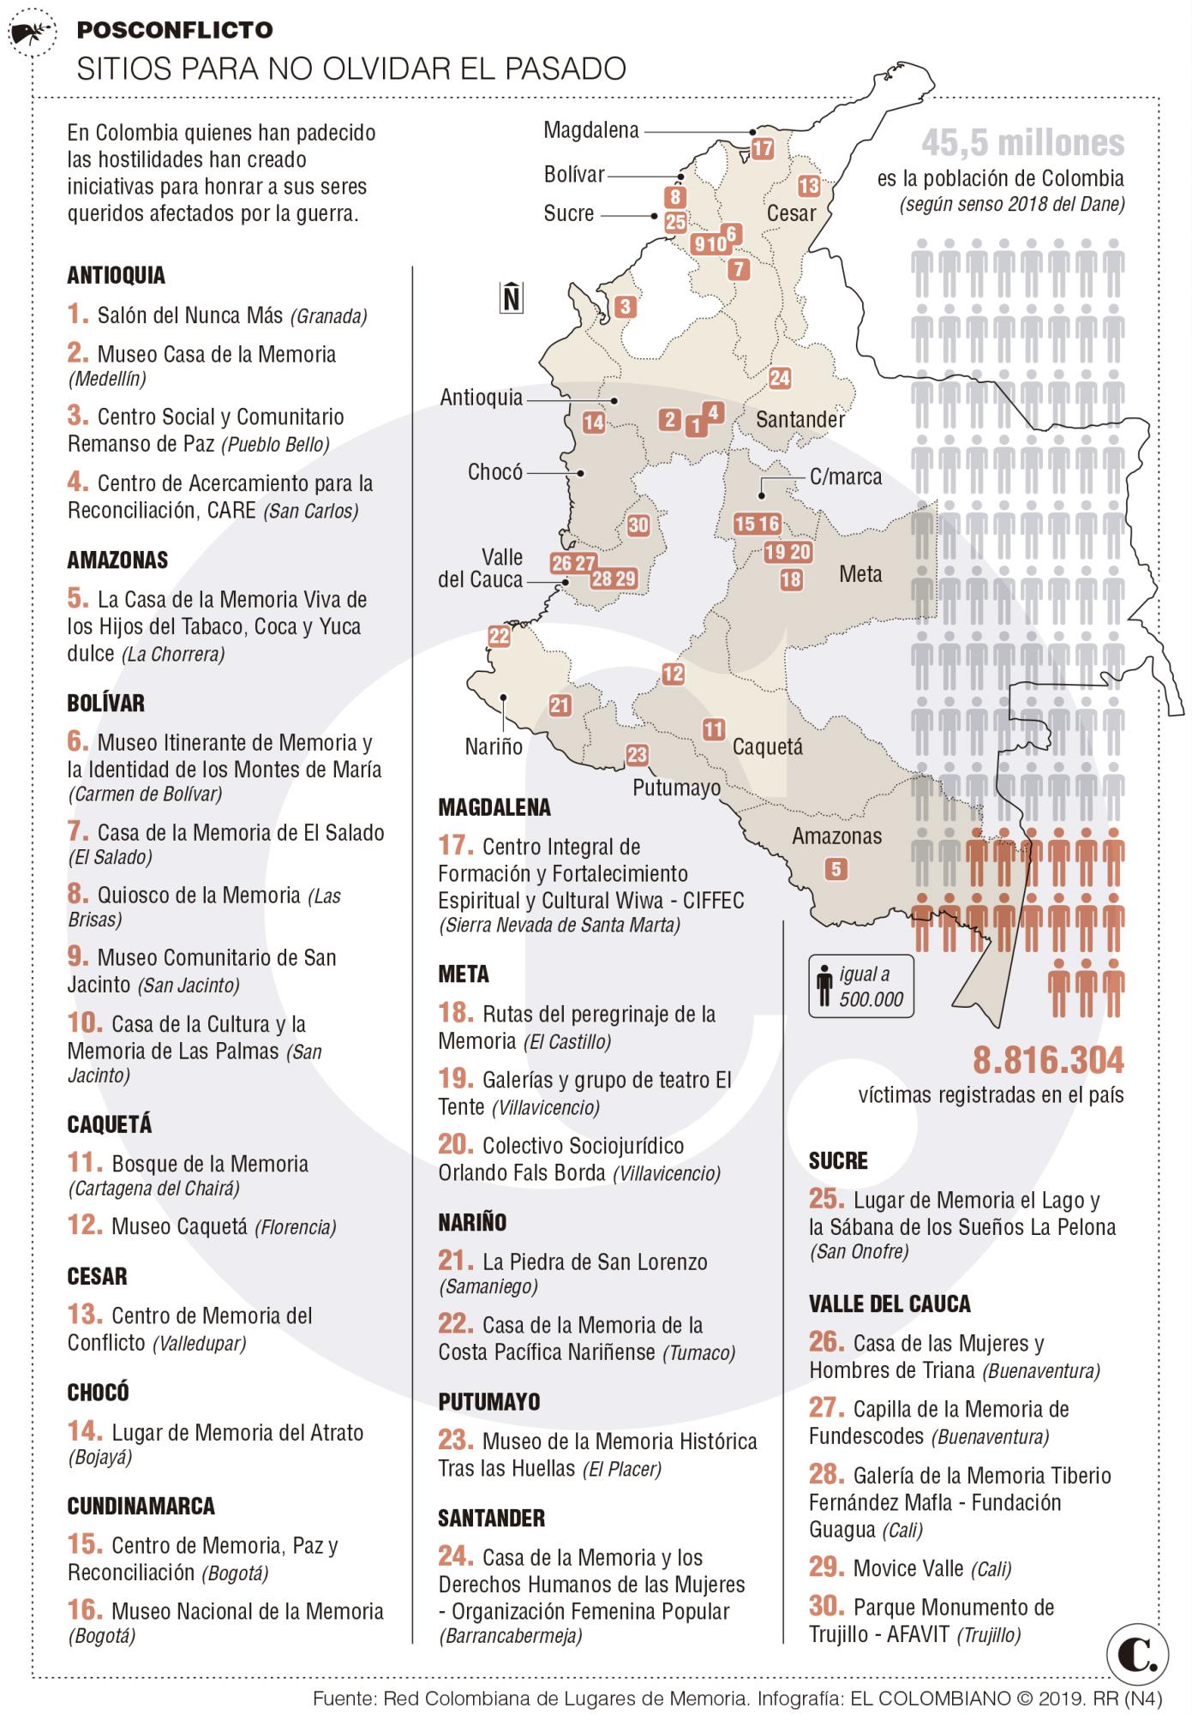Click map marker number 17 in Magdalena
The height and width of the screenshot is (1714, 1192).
[763, 148]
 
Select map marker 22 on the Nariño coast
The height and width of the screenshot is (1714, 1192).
[499, 636]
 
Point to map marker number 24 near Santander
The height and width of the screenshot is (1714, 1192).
[780, 378]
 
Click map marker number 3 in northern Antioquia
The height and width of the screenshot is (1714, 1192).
[625, 307]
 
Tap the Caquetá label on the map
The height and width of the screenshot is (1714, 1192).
[768, 746]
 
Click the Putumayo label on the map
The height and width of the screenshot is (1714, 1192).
[676, 788]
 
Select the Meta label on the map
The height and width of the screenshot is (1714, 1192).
[860, 574]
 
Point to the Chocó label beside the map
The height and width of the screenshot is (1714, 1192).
[495, 472]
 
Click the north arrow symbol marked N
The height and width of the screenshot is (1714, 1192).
[512, 297]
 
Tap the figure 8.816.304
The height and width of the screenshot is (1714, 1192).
[1048, 1061]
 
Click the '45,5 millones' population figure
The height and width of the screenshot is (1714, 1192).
[1023, 144]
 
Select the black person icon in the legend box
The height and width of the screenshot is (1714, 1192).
[824, 986]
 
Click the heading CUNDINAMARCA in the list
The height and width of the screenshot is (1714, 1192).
[141, 1506]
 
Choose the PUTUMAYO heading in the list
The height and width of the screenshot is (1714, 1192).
[489, 1401]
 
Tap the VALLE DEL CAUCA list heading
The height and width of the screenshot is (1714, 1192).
[890, 1303]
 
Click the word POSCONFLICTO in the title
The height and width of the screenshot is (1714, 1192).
[175, 31]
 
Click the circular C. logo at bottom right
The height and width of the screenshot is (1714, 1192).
[1138, 1656]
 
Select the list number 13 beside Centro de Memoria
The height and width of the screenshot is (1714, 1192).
[85, 1314]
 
